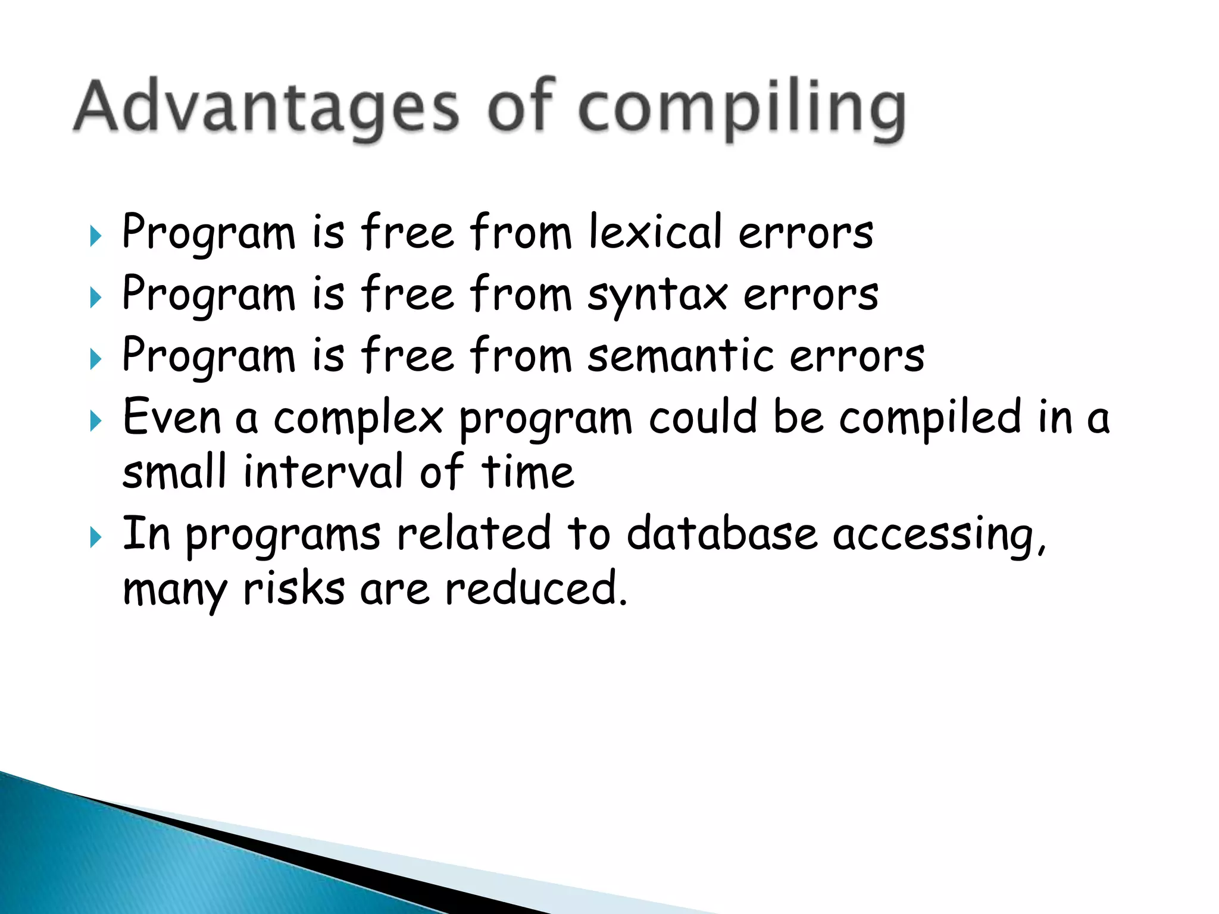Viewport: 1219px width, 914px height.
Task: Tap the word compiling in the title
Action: click(742, 110)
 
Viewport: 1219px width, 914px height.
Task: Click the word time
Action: click(527, 471)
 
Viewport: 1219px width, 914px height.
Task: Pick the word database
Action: click(721, 533)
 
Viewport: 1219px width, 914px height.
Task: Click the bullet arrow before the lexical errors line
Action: click(96, 236)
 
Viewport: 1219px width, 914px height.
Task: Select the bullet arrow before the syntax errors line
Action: click(96, 298)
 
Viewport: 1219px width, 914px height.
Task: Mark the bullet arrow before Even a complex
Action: click(96, 421)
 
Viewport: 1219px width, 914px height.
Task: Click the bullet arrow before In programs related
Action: click(96, 537)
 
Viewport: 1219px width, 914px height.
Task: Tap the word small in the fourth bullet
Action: click(174, 471)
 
